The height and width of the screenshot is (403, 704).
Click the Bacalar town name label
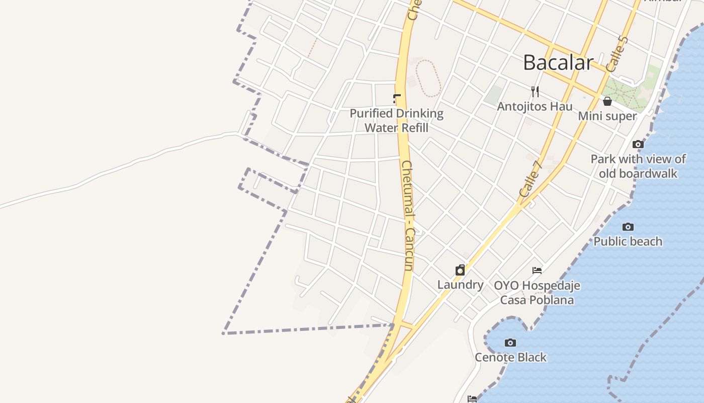[558, 62]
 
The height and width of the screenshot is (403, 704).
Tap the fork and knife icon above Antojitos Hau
[535, 92]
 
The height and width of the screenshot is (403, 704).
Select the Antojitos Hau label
[535, 107]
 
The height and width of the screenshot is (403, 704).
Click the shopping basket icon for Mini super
[607, 101]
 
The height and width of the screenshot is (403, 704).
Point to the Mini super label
[607, 116]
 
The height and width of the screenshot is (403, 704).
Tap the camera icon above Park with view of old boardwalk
[638, 145]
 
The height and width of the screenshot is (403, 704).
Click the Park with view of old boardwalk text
[638, 166]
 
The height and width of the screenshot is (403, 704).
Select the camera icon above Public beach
[628, 227]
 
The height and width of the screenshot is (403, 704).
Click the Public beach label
[628, 242]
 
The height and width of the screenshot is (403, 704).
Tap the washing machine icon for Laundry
[460, 271]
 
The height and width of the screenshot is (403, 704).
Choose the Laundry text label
[460, 285]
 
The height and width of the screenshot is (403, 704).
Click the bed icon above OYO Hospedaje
[537, 271]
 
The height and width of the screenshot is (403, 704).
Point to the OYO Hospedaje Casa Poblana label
[537, 293]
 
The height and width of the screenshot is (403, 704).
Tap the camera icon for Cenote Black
[510, 343]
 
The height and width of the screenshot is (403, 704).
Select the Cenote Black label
[510, 358]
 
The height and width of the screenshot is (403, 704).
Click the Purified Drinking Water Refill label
[397, 121]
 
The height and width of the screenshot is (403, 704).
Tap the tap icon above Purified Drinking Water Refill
[397, 98]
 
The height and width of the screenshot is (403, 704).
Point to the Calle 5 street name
[618, 54]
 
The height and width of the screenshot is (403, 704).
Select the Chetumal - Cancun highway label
[409, 216]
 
